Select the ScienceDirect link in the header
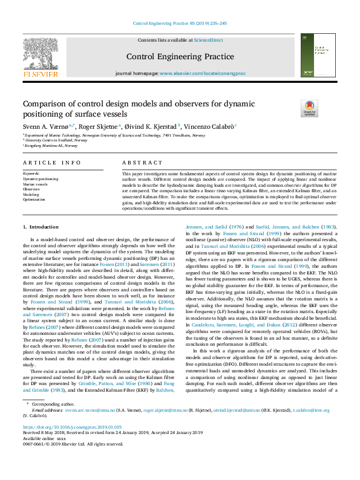tap(208, 40)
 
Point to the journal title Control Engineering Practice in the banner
tap(180, 57)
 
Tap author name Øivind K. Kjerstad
tap(151, 126)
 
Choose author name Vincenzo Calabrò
tap(208, 126)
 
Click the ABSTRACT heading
tap(142, 163)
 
